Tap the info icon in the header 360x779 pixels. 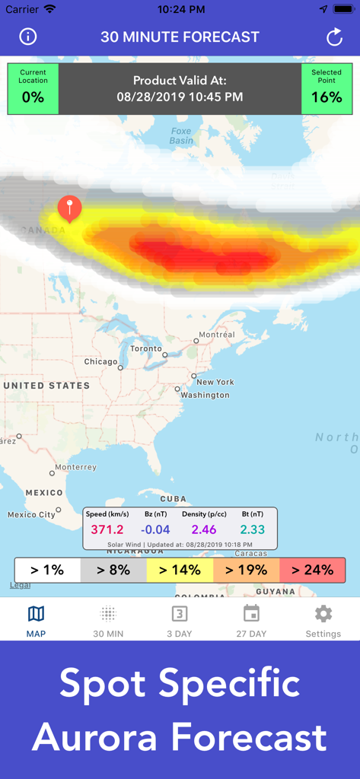[x=28, y=37]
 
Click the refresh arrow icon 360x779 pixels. [x=334, y=37]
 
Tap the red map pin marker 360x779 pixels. [x=69, y=207]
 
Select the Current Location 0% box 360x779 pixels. [x=33, y=89]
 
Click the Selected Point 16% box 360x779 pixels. [x=327, y=89]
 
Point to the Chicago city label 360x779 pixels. [x=100, y=362]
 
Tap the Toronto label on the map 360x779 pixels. [x=145, y=348]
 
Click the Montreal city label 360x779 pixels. [x=216, y=335]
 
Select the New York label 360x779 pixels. [x=215, y=382]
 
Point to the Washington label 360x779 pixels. [x=205, y=395]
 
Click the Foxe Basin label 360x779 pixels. [x=181, y=136]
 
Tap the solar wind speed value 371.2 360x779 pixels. [x=107, y=529]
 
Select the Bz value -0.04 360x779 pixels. [x=155, y=529]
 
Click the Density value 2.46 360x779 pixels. [x=204, y=529]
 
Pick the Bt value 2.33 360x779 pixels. [x=253, y=529]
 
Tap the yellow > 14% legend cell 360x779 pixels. [x=180, y=570]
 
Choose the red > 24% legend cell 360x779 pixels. [x=312, y=570]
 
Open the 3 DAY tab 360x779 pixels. [x=180, y=621]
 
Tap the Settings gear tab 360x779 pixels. [x=323, y=621]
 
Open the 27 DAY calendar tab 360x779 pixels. [x=251, y=621]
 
